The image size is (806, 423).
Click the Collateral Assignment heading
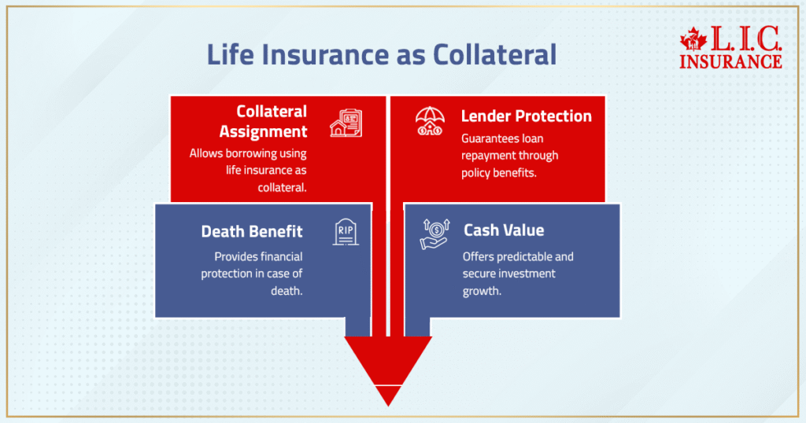coord(263,120)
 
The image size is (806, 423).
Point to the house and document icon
coord(346,123)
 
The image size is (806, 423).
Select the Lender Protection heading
coord(526,116)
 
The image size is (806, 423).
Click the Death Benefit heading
coord(252,231)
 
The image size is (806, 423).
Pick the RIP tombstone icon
coord(346,232)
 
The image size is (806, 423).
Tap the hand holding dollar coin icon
coord(434,234)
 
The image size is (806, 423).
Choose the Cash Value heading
coord(504,230)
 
